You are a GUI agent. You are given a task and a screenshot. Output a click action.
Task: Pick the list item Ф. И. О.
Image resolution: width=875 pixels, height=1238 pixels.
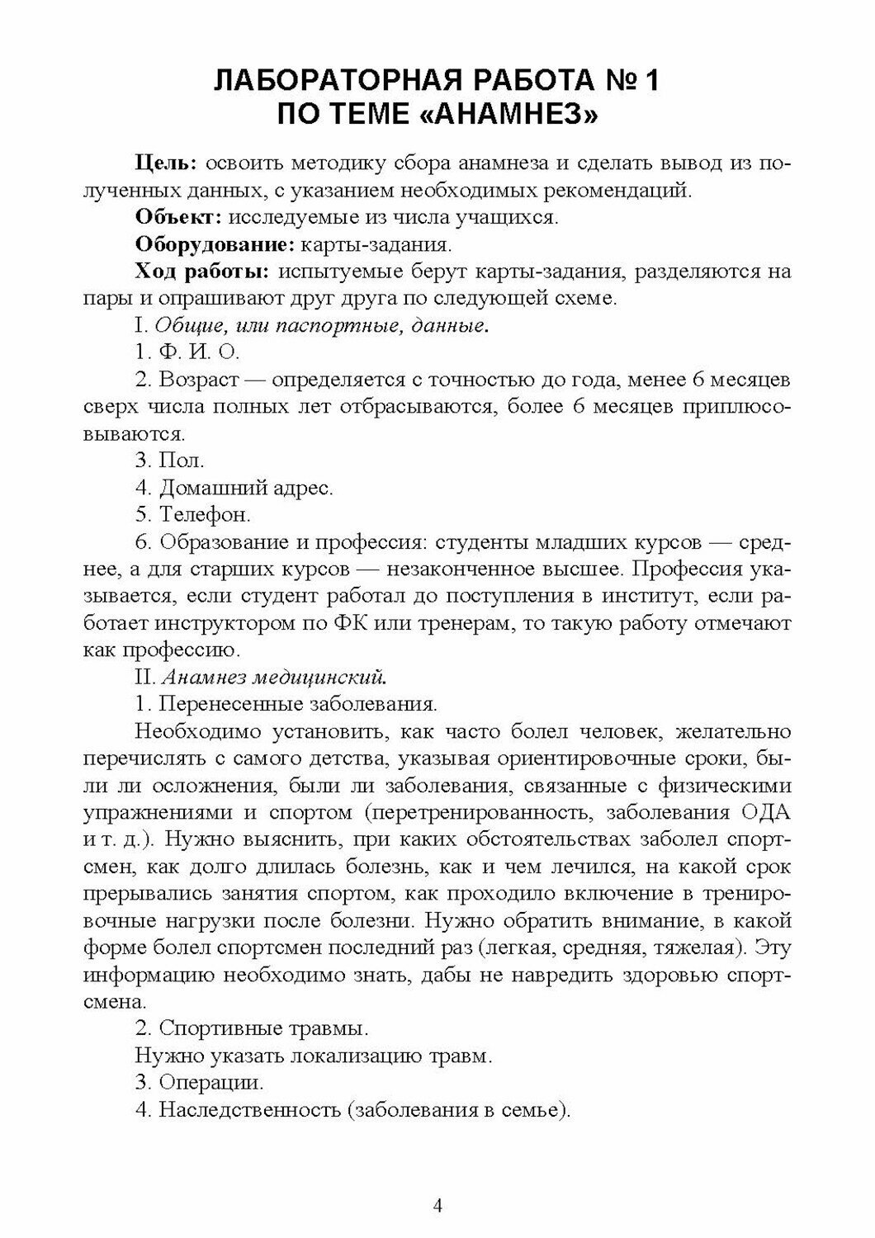click(187, 352)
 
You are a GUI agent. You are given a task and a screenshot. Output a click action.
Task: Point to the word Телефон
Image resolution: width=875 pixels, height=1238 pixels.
click(205, 515)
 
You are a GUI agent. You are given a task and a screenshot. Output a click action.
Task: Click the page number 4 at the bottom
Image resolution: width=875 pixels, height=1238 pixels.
click(437, 1206)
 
